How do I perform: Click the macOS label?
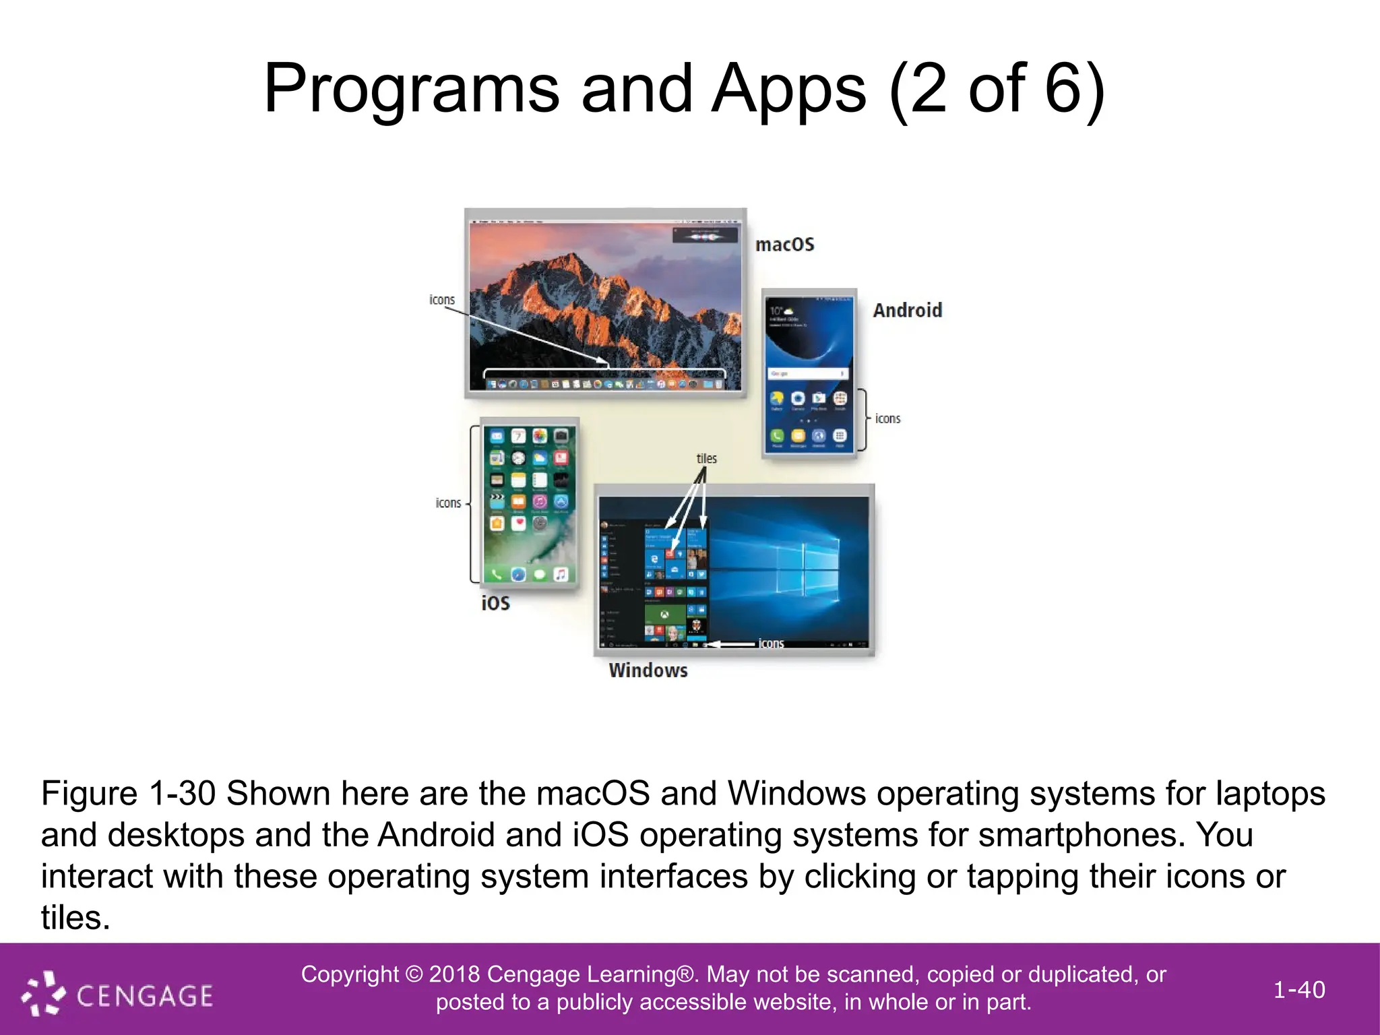click(x=784, y=245)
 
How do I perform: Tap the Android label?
click(x=907, y=311)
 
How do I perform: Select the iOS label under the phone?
click(x=495, y=603)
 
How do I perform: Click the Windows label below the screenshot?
click(x=648, y=670)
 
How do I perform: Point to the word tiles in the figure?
click(x=706, y=459)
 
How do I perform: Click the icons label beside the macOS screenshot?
click(x=442, y=300)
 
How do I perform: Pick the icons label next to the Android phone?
click(x=887, y=419)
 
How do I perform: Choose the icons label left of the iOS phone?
click(x=448, y=503)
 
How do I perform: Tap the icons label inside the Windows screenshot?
click(x=771, y=644)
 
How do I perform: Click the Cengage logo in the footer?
click(x=118, y=994)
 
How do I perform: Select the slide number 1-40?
click(x=1299, y=990)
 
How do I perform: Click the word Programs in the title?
click(x=411, y=89)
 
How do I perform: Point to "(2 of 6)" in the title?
click(x=997, y=89)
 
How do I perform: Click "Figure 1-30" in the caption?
click(x=128, y=794)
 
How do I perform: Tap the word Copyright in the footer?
click(x=350, y=974)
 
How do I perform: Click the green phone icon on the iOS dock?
click(x=497, y=575)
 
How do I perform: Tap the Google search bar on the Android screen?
click(x=807, y=373)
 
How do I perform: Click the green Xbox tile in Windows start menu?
click(x=664, y=614)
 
